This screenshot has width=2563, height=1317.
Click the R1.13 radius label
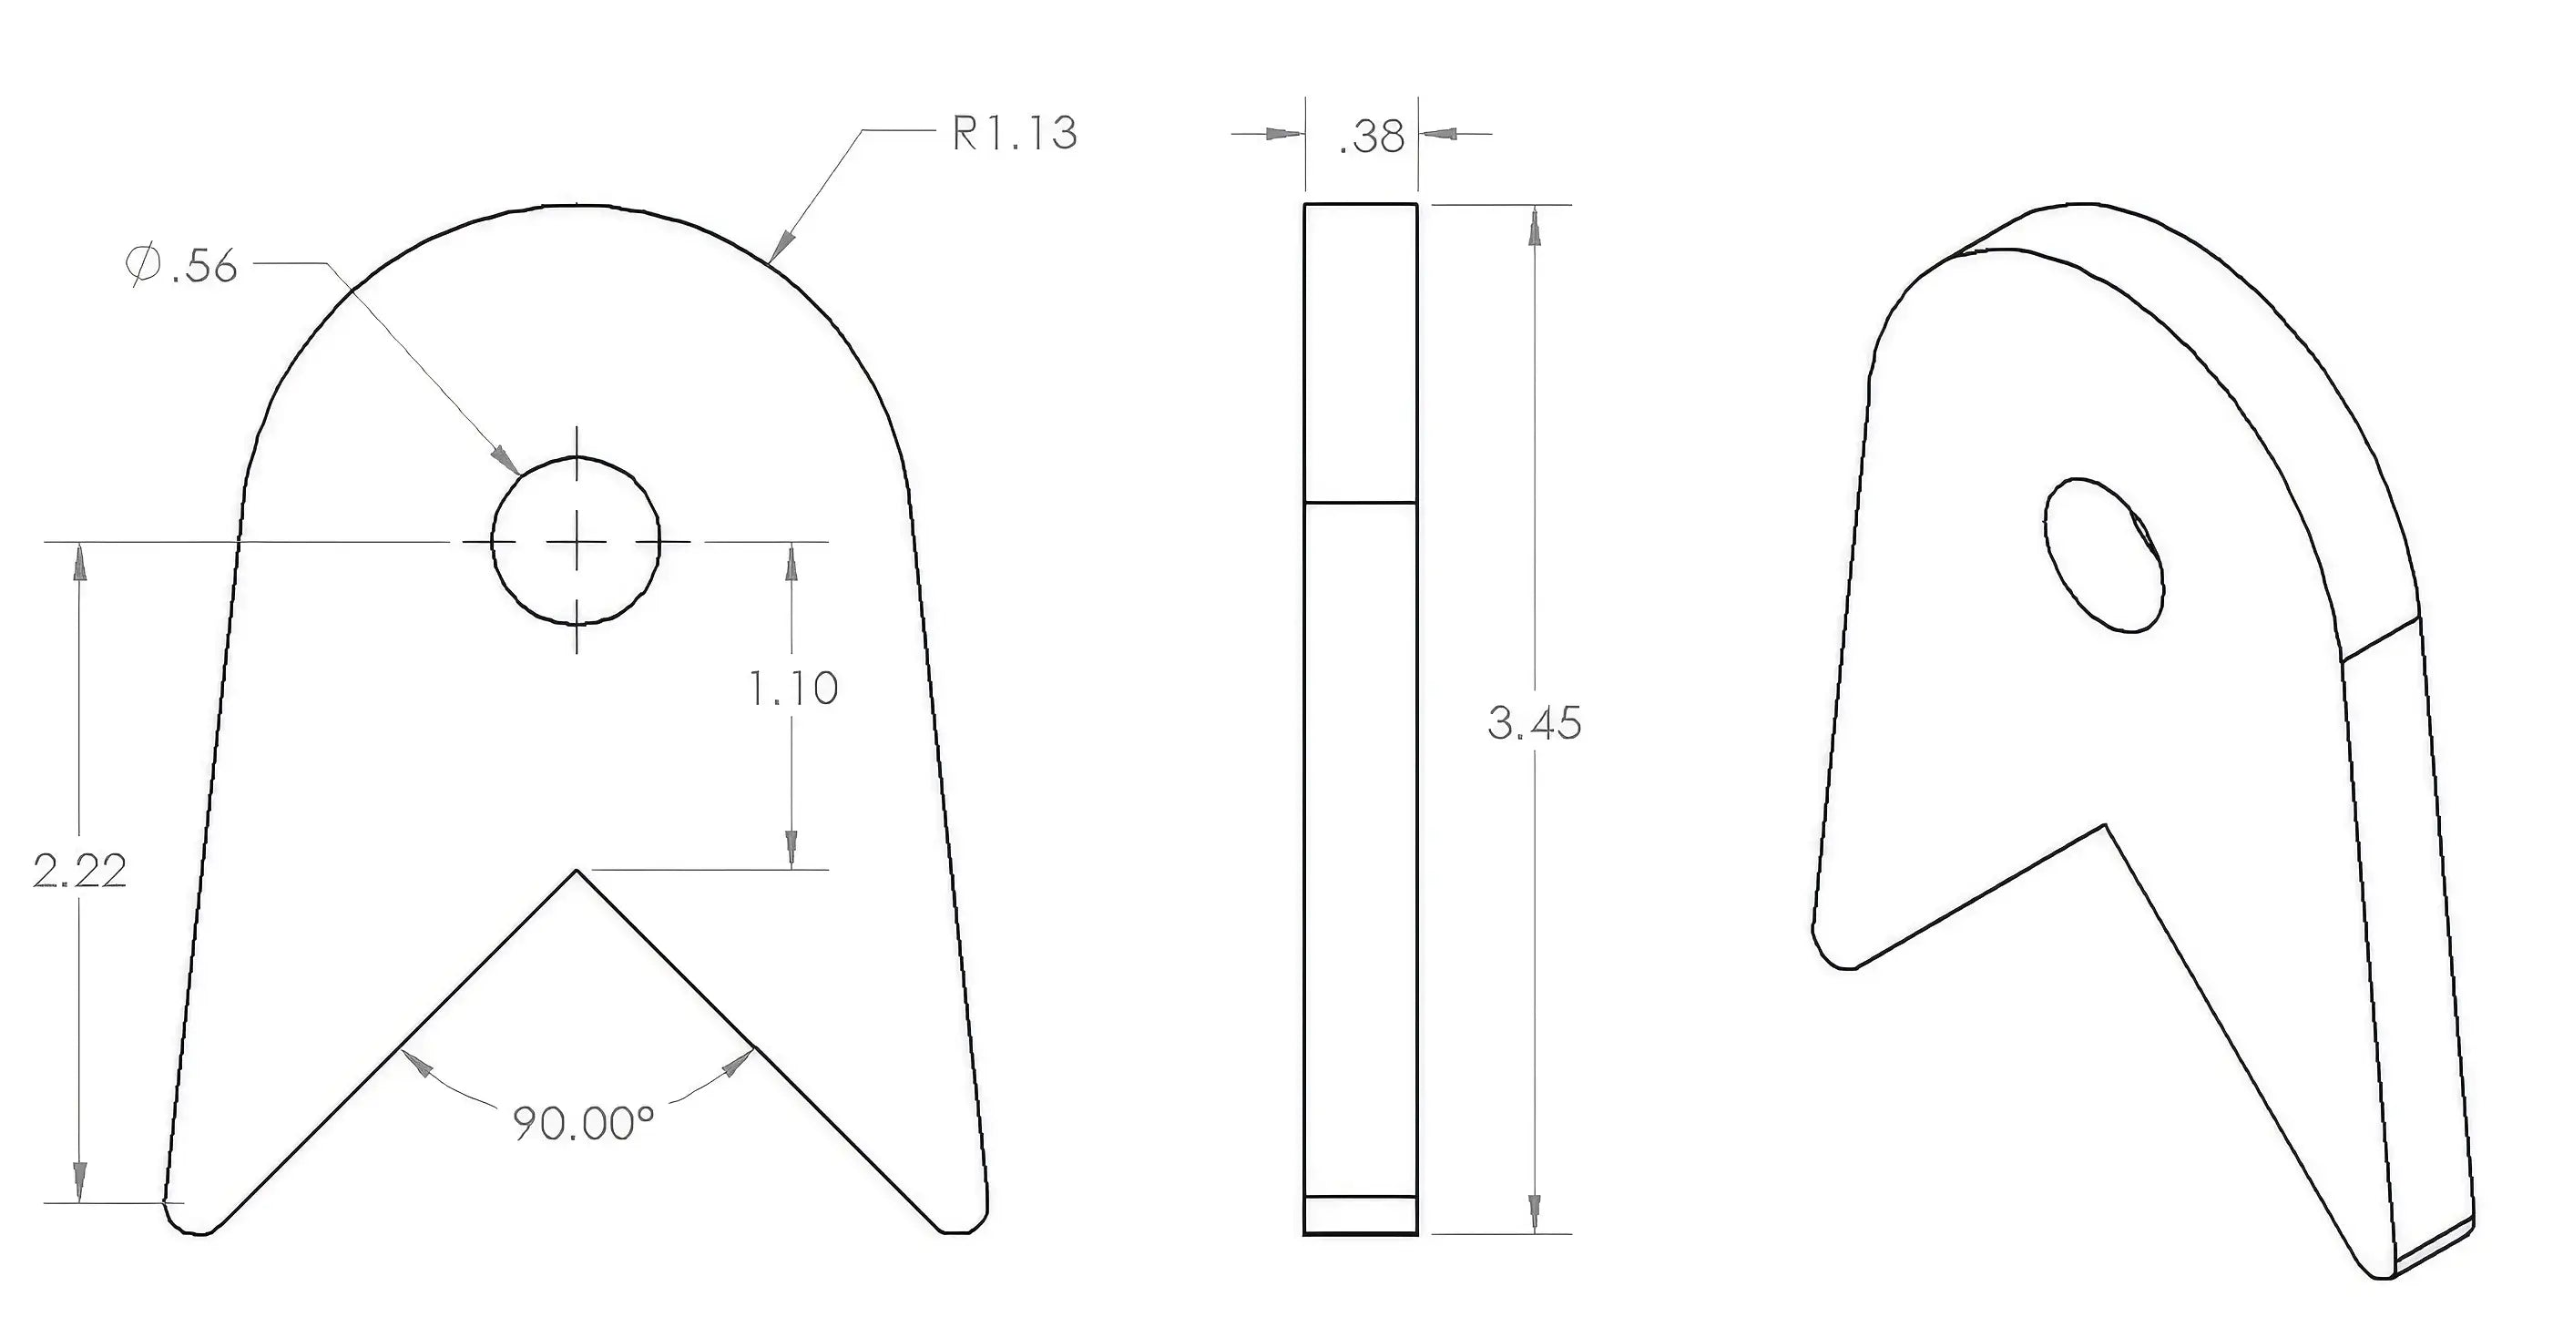[1014, 133]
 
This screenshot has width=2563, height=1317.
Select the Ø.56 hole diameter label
[181, 266]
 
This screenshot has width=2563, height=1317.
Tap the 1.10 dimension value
[793, 688]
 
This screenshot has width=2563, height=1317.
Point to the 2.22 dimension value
[79, 872]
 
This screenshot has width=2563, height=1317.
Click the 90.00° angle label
[584, 1123]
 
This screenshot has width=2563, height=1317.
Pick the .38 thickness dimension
[1371, 137]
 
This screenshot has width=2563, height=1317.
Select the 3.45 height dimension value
[1534, 723]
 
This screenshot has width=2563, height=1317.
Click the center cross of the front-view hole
[576, 541]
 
